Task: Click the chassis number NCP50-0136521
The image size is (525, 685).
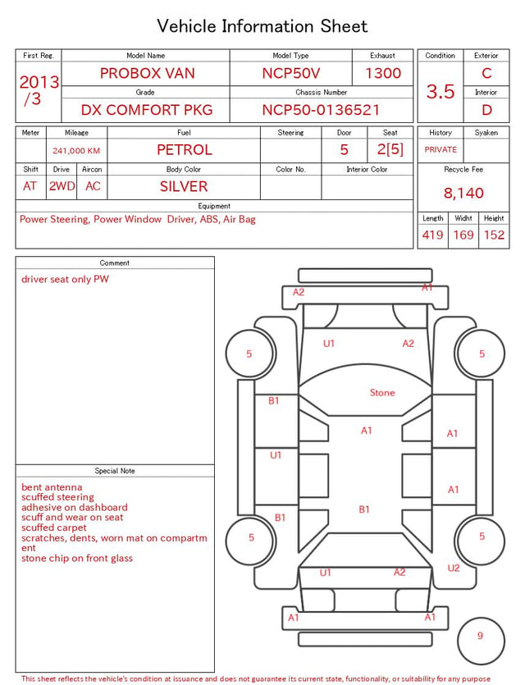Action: [x=321, y=110]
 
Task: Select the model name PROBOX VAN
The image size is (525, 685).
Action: [x=147, y=73]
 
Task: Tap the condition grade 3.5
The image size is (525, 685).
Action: [x=441, y=91]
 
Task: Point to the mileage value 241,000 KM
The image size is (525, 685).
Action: [x=76, y=151]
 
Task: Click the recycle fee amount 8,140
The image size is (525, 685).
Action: [x=463, y=193]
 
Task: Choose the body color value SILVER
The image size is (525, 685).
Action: [x=184, y=186]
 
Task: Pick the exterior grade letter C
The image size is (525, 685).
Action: [x=486, y=73]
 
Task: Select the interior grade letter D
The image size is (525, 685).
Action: [x=486, y=110]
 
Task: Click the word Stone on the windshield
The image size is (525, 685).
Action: [x=382, y=393]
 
